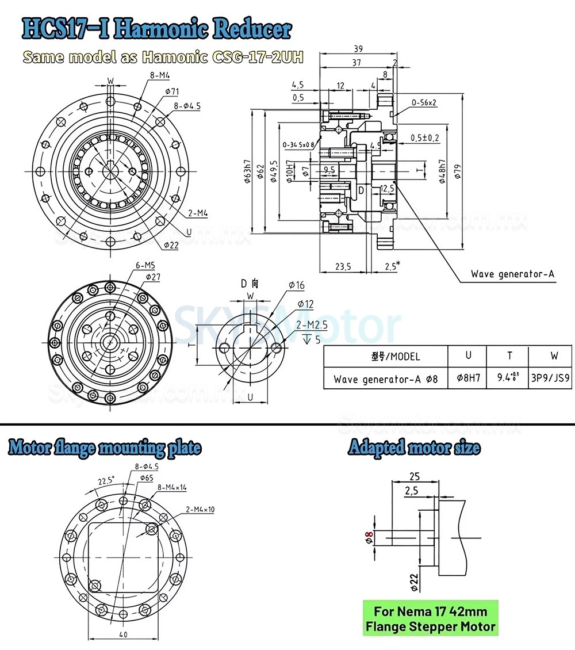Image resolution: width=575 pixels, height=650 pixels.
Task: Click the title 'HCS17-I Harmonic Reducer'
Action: coord(156,28)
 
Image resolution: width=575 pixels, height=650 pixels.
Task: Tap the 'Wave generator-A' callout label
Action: coord(512,274)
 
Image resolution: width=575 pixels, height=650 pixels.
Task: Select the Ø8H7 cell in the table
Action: coord(467,379)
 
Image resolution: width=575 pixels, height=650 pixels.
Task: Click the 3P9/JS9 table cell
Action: coord(550,379)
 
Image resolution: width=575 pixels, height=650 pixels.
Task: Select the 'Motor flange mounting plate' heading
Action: coord(105,448)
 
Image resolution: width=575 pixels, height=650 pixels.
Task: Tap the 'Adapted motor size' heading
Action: coord(414,448)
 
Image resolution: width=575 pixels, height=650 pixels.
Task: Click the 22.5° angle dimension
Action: coord(105,480)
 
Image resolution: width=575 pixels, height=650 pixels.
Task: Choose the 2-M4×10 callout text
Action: coord(200,509)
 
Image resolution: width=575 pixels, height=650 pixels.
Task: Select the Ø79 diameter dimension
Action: coord(459,173)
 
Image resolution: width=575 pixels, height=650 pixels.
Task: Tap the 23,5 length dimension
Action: coord(343,266)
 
